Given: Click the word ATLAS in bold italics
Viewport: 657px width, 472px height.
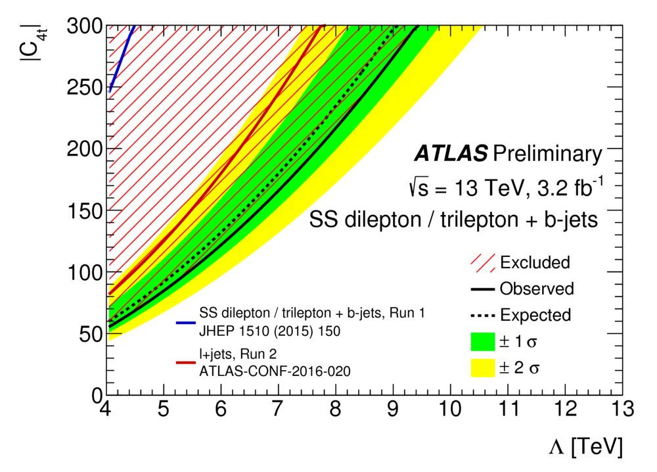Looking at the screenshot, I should pyautogui.click(x=451, y=154).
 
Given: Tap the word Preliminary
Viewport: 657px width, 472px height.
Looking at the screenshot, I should pyautogui.click(x=547, y=154).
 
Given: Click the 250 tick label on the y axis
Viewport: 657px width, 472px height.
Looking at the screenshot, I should pyautogui.click(x=85, y=87).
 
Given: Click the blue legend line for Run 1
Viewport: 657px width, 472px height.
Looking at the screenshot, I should pyautogui.click(x=187, y=323).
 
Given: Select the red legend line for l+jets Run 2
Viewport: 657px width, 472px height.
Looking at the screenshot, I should pyautogui.click(x=187, y=362).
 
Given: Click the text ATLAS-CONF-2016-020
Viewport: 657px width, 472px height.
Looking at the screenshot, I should pyautogui.click(x=275, y=371).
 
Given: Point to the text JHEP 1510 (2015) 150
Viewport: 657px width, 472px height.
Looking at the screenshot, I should pyautogui.click(x=269, y=331).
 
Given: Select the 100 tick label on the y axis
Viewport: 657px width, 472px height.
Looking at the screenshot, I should pyautogui.click(x=85, y=271).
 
